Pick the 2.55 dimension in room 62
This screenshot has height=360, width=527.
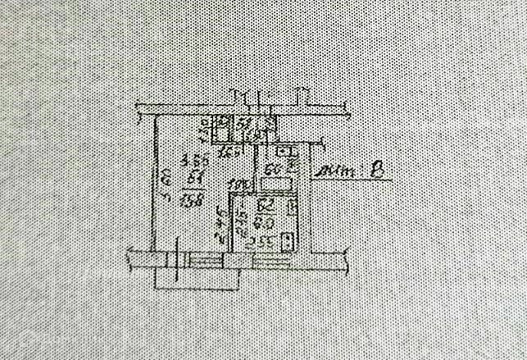click(x=261, y=243)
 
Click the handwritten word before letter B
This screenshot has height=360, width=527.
click(x=336, y=171)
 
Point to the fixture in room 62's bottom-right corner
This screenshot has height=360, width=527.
click(x=287, y=241)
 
